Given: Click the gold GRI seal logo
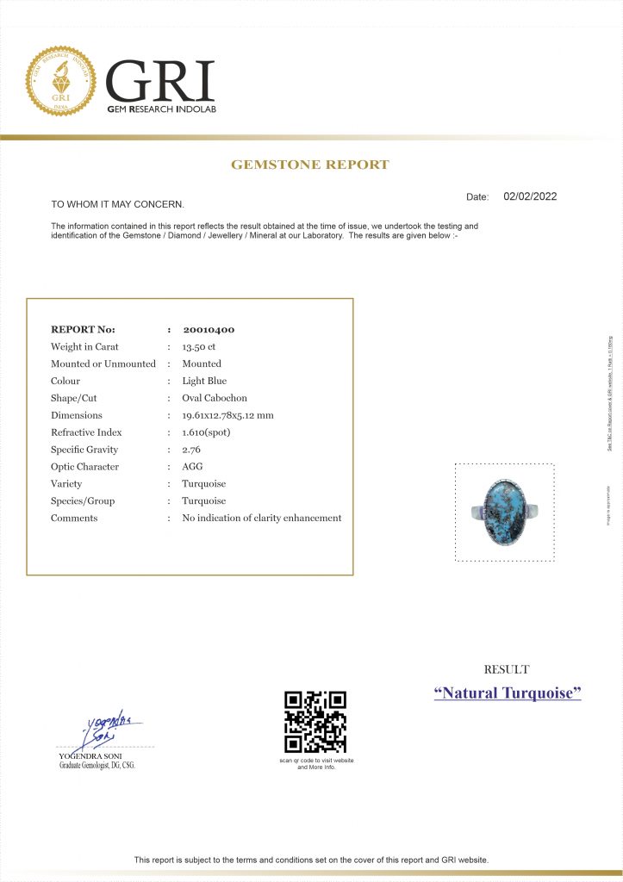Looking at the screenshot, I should click(x=60, y=82).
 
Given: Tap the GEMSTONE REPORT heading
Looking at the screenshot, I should click(x=310, y=165).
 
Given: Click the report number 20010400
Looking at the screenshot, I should click(x=209, y=329).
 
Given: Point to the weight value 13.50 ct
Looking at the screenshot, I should click(x=198, y=346).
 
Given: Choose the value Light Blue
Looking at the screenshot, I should click(x=204, y=381).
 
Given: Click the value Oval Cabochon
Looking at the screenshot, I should click(x=215, y=398).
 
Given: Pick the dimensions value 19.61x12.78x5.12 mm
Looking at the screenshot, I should click(x=227, y=415).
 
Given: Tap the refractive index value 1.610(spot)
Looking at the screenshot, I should click(x=206, y=432).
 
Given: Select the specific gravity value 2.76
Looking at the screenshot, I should click(x=190, y=450).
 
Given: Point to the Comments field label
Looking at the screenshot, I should click(x=74, y=519).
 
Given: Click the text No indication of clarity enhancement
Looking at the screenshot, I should click(x=262, y=519).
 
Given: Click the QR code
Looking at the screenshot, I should click(x=315, y=722).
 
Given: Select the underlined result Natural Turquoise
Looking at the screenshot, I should click(x=508, y=693).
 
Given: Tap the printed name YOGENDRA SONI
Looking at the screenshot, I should click(x=84, y=756).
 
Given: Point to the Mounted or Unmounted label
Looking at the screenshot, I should click(x=103, y=363).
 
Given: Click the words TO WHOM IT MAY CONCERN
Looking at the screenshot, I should click(x=117, y=204).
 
